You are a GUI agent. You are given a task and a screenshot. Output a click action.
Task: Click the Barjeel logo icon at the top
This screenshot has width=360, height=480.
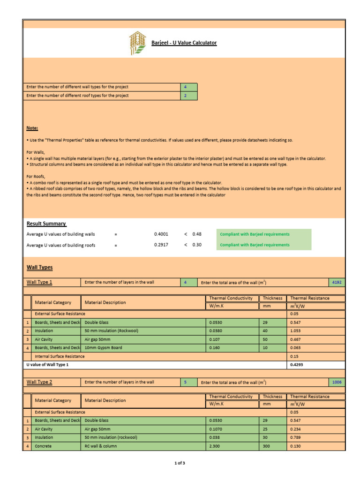tap(138, 43)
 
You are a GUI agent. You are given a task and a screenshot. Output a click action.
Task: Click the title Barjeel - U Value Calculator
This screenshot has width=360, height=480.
tap(184, 43)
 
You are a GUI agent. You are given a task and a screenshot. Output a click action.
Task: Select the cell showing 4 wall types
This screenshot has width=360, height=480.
tap(189, 87)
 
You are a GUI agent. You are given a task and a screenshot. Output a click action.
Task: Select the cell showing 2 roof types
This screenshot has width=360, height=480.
tap(189, 96)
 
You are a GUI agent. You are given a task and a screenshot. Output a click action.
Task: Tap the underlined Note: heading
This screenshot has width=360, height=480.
tap(32, 128)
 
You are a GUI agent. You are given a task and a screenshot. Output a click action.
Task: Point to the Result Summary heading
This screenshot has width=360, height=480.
tap(46, 224)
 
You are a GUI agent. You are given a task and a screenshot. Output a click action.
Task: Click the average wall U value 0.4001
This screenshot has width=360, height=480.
tap(161, 234)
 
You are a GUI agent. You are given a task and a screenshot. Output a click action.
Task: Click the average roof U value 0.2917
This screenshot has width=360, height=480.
tap(161, 245)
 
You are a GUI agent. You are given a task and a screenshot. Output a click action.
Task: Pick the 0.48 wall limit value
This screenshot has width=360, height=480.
tap(197, 234)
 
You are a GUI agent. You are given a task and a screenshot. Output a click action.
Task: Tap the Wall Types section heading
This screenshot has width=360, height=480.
tap(40, 268)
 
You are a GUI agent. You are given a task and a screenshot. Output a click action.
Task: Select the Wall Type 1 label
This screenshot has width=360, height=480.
tap(39, 282)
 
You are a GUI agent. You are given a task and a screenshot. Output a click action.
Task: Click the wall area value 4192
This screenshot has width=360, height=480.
tap(337, 282)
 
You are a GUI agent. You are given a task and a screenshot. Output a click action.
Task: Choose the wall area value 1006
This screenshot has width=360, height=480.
tap(337, 382)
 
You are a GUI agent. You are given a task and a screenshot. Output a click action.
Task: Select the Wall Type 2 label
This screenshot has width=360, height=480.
tap(39, 382)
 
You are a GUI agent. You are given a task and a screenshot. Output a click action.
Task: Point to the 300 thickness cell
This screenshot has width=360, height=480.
tap(266, 446)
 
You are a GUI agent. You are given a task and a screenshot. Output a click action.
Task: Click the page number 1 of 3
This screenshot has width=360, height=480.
tap(180, 464)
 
